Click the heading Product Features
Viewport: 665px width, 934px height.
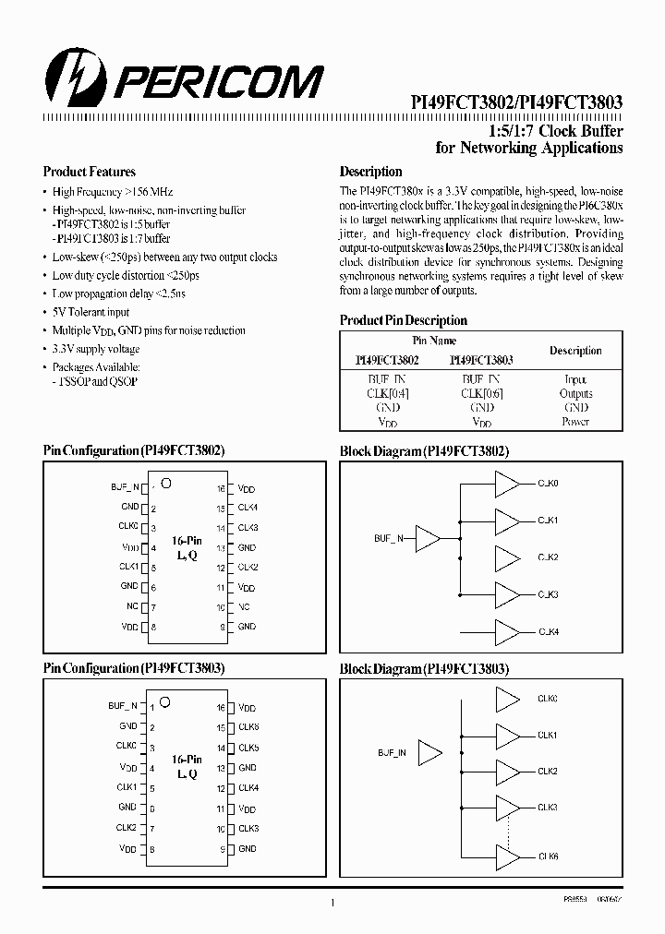point(90,172)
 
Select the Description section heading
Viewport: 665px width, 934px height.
point(370,172)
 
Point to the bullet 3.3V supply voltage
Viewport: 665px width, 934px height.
point(96,349)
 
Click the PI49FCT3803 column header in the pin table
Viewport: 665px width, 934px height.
point(481,360)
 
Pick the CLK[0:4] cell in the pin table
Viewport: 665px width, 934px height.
point(387,393)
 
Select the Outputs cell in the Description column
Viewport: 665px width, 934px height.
point(575,393)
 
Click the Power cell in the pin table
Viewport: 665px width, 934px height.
point(575,422)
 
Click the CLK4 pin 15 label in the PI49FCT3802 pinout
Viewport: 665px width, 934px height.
point(248,508)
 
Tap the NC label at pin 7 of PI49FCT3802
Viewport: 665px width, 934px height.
point(133,606)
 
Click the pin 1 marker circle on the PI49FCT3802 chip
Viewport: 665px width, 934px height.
point(166,483)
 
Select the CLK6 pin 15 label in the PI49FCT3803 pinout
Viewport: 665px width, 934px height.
point(248,727)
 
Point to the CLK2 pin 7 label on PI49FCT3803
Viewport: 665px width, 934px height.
point(127,827)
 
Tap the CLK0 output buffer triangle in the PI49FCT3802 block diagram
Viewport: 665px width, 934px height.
point(507,483)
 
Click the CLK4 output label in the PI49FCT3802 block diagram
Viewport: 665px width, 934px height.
point(549,632)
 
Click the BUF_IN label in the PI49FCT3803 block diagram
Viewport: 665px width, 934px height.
point(390,752)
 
